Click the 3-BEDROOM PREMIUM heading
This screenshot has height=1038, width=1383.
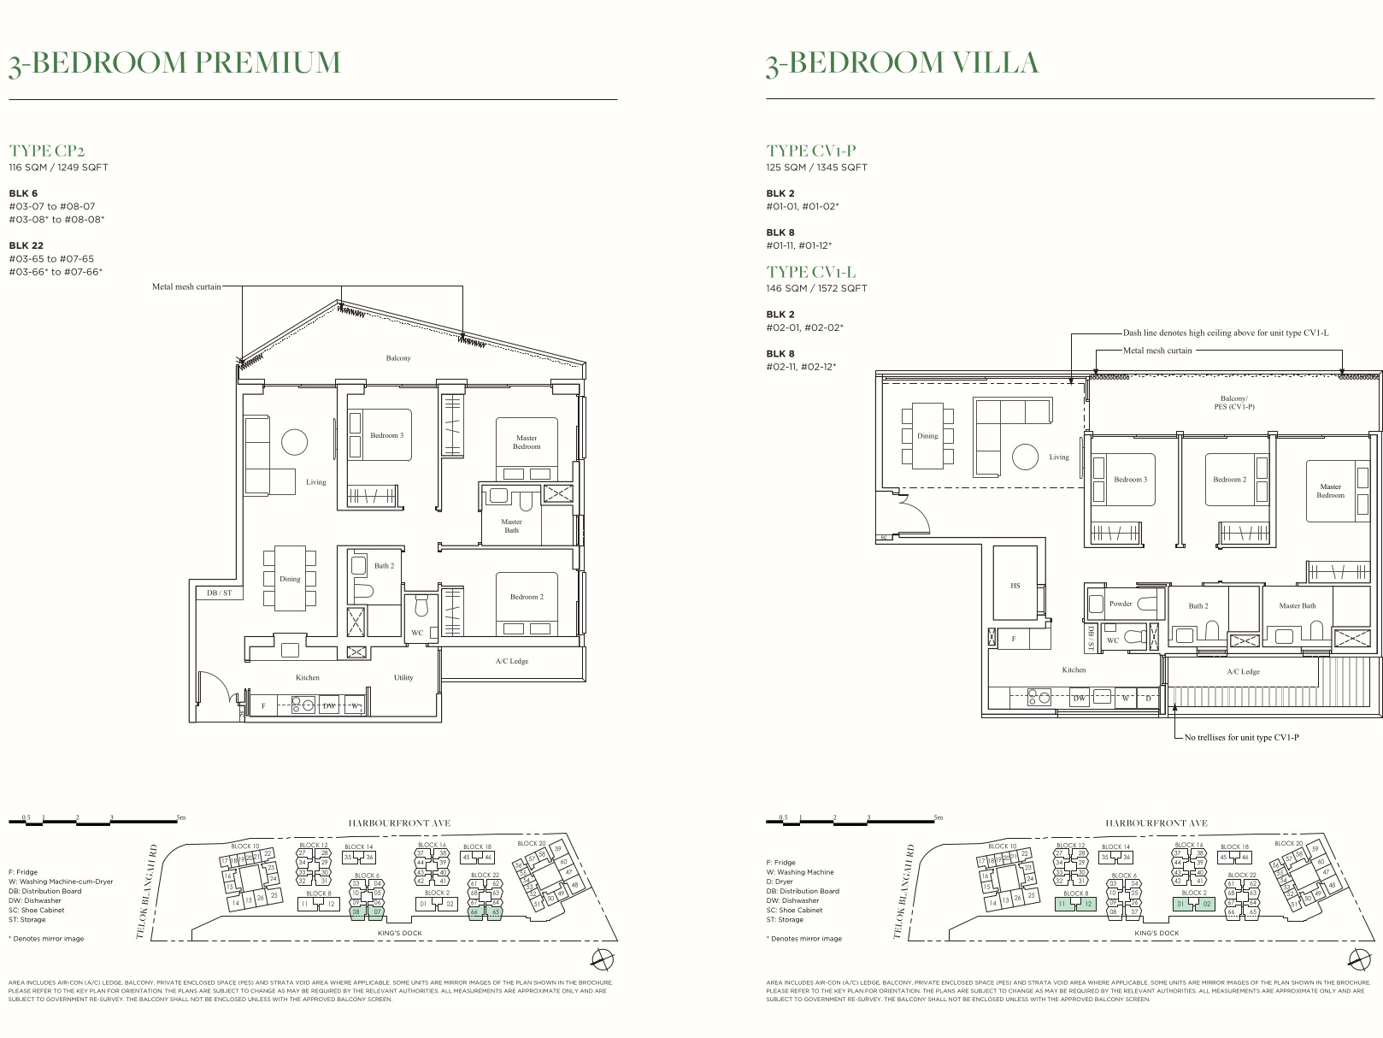[x=174, y=63]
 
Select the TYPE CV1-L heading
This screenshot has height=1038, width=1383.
[x=810, y=272]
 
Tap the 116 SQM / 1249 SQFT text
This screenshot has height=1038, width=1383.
[x=58, y=168]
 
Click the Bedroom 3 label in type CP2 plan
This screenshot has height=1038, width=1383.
[x=386, y=435]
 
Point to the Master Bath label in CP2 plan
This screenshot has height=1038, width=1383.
[x=511, y=526]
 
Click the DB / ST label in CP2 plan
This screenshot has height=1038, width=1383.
[x=220, y=593]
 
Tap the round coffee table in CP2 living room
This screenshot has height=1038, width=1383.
[x=294, y=442]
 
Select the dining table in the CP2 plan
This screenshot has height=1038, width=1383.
[x=290, y=579]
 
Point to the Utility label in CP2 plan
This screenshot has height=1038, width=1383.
[x=403, y=677]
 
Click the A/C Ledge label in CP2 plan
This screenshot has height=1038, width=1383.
[x=511, y=661]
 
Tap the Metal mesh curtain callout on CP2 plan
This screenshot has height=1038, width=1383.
[x=186, y=286]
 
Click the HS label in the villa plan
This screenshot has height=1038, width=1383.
[x=1015, y=586]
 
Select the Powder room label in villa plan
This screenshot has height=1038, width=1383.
[x=1120, y=604]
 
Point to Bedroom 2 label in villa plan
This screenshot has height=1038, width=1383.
[x=1229, y=480]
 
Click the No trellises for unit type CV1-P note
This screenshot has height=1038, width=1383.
[x=1241, y=737]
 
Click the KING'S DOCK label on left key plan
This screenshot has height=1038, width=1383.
[x=400, y=933]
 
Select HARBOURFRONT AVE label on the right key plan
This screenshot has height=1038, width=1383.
[x=1156, y=823]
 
